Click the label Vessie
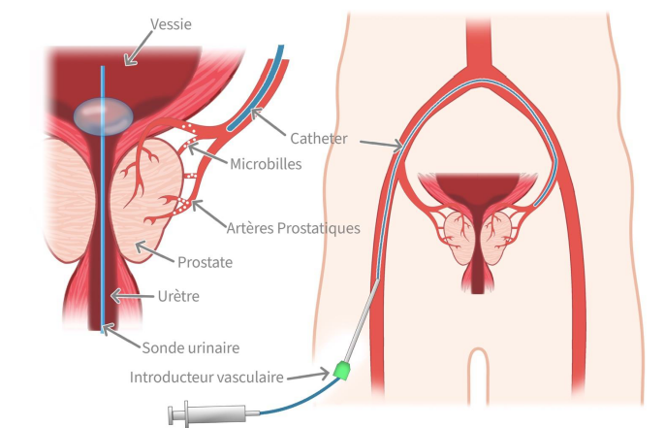point(171,24)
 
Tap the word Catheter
point(319,139)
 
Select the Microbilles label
point(266,164)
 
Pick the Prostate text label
point(205,262)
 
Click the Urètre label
point(178,296)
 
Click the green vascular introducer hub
point(342,370)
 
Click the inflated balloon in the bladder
point(104,116)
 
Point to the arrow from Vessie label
point(138,48)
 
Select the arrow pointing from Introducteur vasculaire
point(308,376)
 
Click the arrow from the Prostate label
point(154,251)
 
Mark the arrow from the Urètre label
point(132,295)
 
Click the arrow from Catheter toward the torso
point(381,145)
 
